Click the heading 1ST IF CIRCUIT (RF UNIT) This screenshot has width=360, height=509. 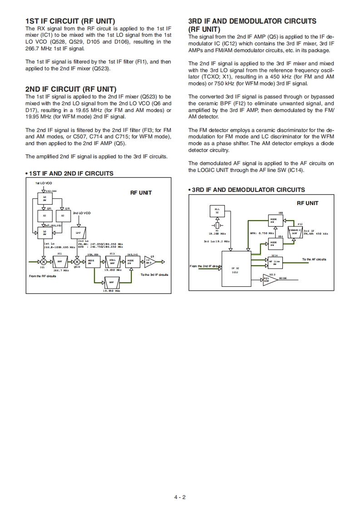pyautogui.click(x=70, y=21)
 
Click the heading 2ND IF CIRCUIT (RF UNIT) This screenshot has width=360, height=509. pyautogui.click(x=71, y=89)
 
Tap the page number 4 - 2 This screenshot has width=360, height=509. pyautogui.click(x=180, y=496)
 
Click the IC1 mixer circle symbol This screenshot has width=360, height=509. pyautogui.click(x=43, y=262)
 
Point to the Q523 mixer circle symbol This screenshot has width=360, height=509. pyautogui.click(x=77, y=262)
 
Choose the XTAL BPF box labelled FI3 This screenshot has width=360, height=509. pyautogui.click(x=112, y=262)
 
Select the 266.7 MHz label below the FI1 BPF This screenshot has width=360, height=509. pyautogui.click(x=60, y=270)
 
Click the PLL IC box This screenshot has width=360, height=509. pyautogui.click(x=217, y=210)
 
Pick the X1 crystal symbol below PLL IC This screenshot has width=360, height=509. pyautogui.click(x=217, y=225)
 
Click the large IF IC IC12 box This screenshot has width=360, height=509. pyautogui.click(x=235, y=270)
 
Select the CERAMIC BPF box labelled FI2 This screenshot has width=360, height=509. pyautogui.click(x=296, y=232)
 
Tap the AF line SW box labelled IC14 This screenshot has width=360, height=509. pyautogui.click(x=275, y=262)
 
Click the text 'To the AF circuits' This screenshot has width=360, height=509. pyautogui.click(x=314, y=259)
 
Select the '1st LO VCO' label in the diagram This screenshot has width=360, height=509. pyautogui.click(x=44, y=183)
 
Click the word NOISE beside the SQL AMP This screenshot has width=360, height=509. pyautogui.click(x=283, y=278)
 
